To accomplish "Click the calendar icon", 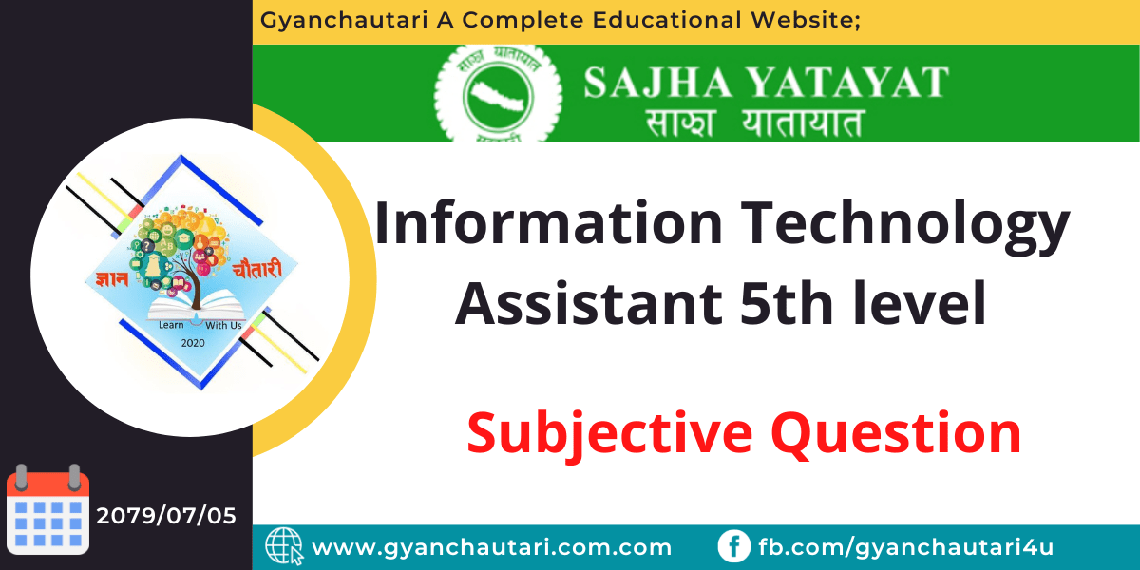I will (x=47, y=513).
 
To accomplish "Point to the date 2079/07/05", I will (x=166, y=516).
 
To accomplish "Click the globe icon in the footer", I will (x=283, y=546).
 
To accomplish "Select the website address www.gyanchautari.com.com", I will (x=492, y=547).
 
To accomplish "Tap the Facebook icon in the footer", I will (x=732, y=546).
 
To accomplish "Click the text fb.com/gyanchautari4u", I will (x=905, y=547).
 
